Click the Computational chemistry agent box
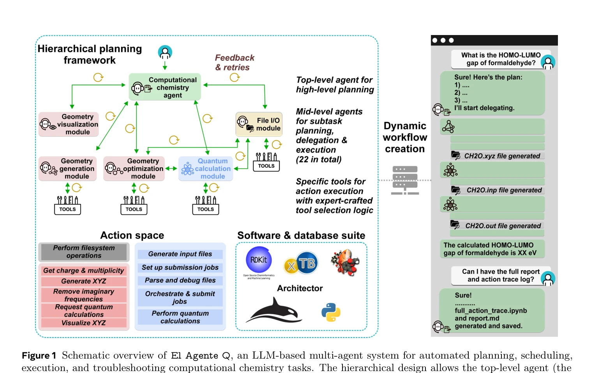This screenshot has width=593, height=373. [x=165, y=87]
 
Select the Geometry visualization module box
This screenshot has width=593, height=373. [x=69, y=124]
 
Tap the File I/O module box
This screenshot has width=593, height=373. [x=259, y=124]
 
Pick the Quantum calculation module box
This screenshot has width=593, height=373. [x=206, y=169]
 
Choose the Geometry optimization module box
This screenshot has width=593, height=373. [x=134, y=169]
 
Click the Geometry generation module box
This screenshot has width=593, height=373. [x=67, y=169]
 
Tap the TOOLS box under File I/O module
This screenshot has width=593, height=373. [x=266, y=162]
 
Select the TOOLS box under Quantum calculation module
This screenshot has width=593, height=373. [x=206, y=205]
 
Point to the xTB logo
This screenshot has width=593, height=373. [x=301, y=263]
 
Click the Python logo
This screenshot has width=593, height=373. [x=331, y=312]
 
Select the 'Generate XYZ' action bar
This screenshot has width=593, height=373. [x=84, y=281]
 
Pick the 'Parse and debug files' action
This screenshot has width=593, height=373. [x=180, y=280]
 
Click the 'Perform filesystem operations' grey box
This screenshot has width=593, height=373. [x=84, y=252]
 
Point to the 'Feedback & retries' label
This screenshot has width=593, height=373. [x=235, y=62]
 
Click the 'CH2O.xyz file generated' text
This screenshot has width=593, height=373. [x=502, y=156]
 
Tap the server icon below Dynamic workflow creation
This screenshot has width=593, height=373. [x=405, y=180]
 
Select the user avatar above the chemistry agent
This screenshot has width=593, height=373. [x=165, y=53]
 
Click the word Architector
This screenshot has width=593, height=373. [x=300, y=288]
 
